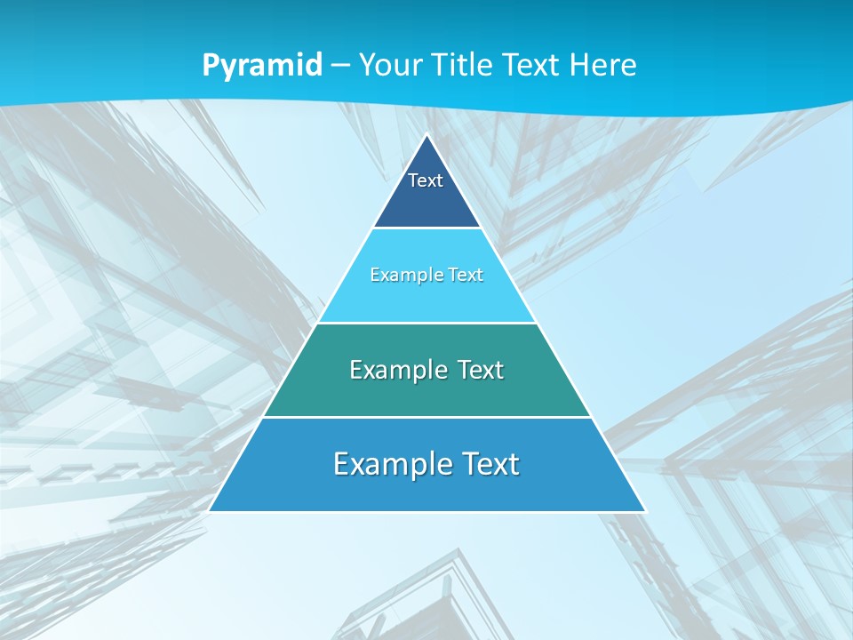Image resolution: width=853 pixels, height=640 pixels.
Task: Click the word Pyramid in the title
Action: (x=262, y=66)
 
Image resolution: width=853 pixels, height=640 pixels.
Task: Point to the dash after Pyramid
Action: (x=340, y=66)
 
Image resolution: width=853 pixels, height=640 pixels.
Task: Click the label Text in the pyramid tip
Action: (x=426, y=180)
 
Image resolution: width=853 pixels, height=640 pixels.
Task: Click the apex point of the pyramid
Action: (x=426, y=136)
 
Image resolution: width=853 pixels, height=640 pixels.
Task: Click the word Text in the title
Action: (x=531, y=65)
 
